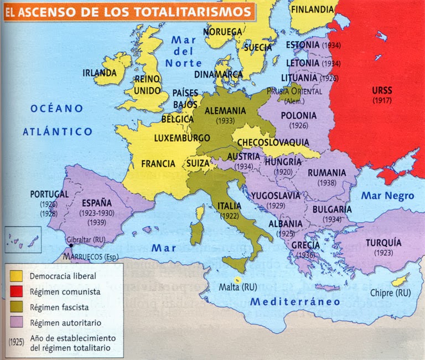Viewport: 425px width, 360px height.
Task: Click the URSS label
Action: click(x=382, y=90)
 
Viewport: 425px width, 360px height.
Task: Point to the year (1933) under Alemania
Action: click(x=225, y=120)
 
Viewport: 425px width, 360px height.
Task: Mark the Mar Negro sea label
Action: click(x=387, y=196)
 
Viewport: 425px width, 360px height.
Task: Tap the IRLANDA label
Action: click(x=100, y=73)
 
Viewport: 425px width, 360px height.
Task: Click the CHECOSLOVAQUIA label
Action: click(x=273, y=142)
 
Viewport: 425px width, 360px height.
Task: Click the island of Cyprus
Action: click(x=399, y=280)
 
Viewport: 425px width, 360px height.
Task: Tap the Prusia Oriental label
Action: click(x=293, y=91)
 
